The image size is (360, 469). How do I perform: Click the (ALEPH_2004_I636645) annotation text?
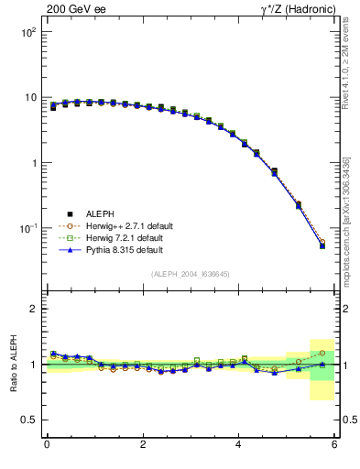click(x=191, y=273)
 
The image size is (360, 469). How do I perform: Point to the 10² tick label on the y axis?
click(x=27, y=32)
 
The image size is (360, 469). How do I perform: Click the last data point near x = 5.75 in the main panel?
click(x=322, y=245)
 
